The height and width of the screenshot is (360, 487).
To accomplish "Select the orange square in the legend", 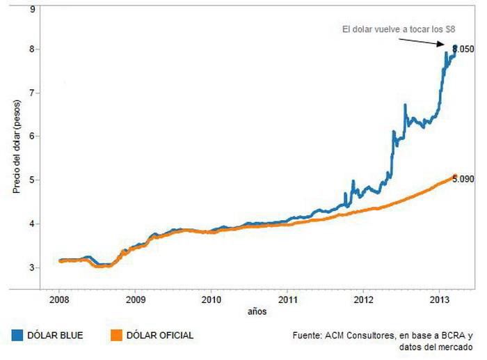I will [x=116, y=336].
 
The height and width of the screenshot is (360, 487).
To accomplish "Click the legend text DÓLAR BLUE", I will [x=55, y=336].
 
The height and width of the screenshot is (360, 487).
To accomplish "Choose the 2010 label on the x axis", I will [x=211, y=301].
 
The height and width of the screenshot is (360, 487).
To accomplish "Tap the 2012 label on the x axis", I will [x=363, y=301].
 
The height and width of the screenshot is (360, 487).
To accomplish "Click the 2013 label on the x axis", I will [x=439, y=301].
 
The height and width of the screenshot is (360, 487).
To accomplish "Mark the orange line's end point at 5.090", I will [x=454, y=176].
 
